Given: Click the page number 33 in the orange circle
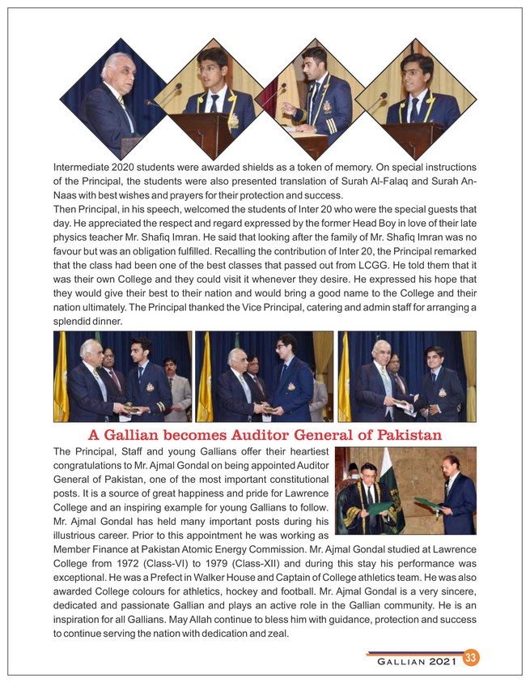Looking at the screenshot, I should [x=470, y=658].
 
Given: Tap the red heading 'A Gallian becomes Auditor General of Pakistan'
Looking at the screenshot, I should [x=264, y=435].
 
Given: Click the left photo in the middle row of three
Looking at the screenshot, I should [x=121, y=376].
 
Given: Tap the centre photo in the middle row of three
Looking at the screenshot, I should [x=264, y=376].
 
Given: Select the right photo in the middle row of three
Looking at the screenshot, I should [x=406, y=376].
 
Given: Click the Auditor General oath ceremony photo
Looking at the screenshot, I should [x=405, y=489].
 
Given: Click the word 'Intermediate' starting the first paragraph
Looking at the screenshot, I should [x=82, y=167].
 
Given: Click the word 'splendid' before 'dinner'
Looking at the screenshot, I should [x=74, y=322].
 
